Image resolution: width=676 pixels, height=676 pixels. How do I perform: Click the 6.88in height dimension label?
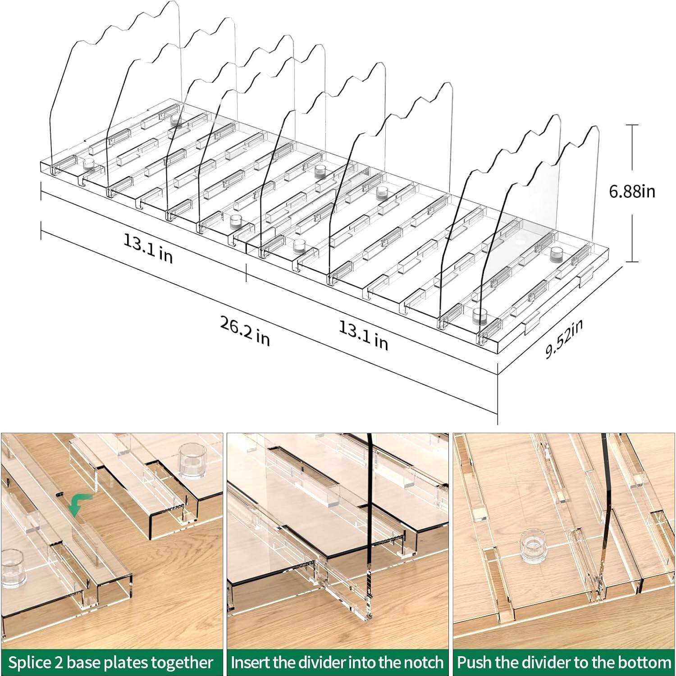tap(632, 192)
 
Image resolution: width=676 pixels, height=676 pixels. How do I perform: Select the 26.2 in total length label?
tap(245, 331)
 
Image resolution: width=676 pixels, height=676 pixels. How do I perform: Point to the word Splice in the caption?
tap(31, 662)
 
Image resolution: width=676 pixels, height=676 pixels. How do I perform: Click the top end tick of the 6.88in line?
tap(632, 125)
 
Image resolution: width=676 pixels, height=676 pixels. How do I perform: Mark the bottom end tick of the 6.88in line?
tap(632, 262)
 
